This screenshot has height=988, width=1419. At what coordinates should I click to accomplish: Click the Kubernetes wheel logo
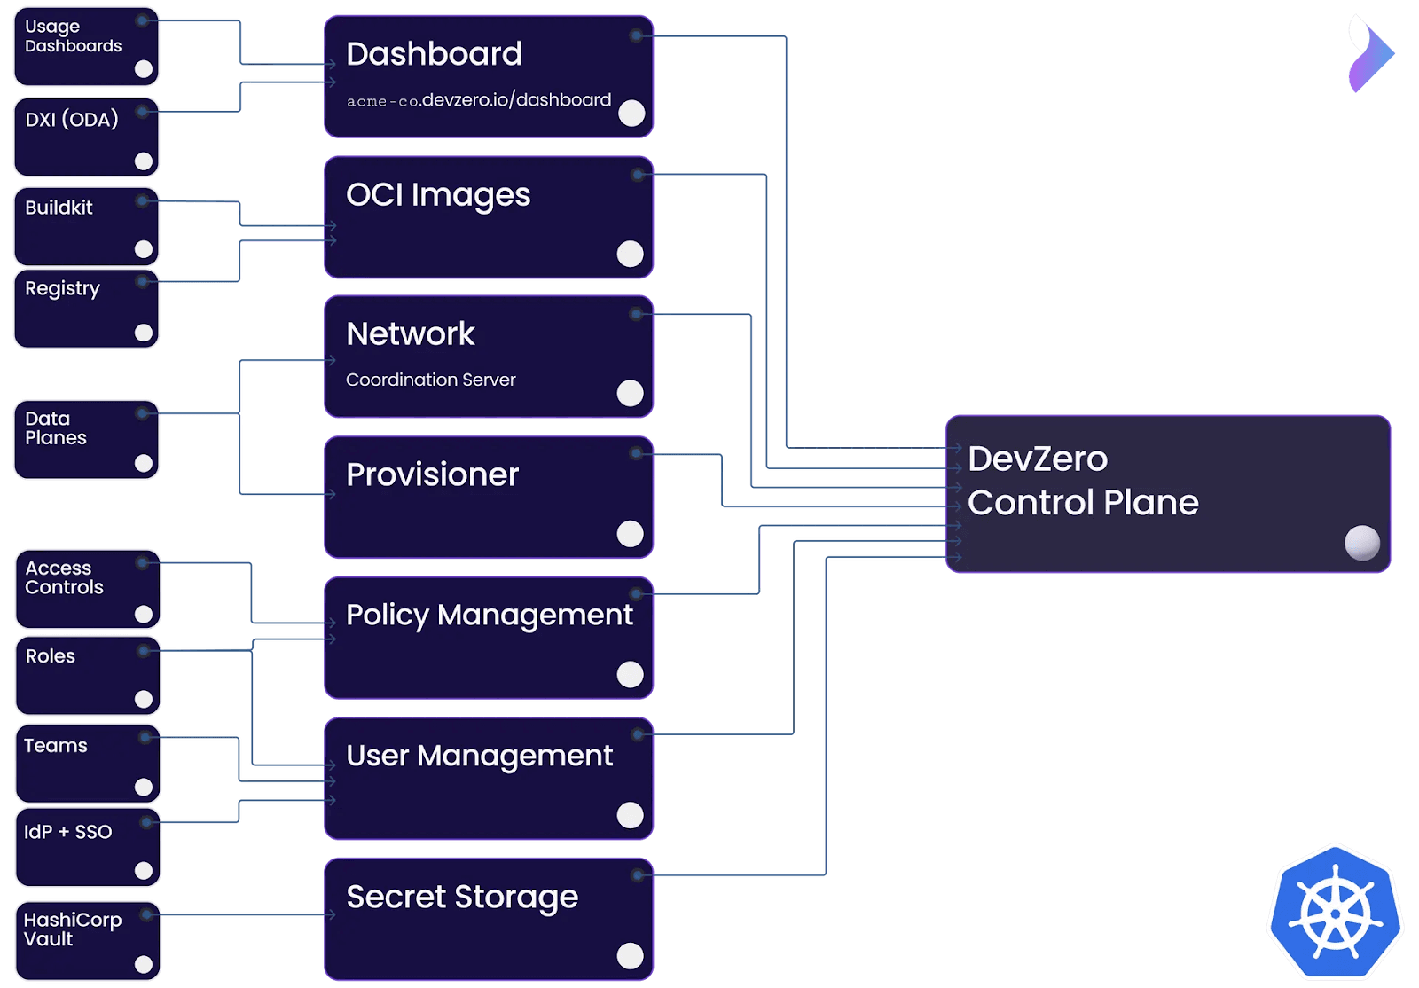coord(1335,914)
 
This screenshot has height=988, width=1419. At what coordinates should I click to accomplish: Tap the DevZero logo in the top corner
coord(1369,53)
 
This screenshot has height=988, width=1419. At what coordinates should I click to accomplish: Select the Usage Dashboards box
coord(86,46)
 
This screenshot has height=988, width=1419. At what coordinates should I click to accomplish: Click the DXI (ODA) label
coord(72,120)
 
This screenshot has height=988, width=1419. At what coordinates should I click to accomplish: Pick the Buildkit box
coord(86,226)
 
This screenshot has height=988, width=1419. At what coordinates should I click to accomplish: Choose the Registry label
coord(62,288)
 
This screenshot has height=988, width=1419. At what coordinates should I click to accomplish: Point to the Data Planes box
coord(86,440)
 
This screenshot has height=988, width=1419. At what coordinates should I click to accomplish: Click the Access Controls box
coord(87,589)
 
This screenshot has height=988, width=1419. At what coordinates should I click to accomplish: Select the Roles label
coord(51,656)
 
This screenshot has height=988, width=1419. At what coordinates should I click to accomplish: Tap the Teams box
coord(87,764)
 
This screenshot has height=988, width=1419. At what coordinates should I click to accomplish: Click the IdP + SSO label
coord(68,832)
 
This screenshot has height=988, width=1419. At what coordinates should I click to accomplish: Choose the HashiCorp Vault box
coord(87,941)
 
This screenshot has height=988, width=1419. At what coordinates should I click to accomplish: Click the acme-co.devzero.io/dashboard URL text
coord(479,100)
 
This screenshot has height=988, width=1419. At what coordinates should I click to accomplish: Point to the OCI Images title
coord(438,195)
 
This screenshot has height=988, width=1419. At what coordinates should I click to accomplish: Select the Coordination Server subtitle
coord(430,380)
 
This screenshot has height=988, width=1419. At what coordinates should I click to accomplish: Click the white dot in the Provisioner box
coord(630,534)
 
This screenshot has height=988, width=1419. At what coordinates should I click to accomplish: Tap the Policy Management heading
coord(490,615)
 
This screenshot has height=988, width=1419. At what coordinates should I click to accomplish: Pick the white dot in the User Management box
coord(630,815)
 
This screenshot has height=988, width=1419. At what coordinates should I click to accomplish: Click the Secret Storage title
coord(462,897)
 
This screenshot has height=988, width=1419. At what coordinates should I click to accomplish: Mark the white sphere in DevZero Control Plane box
coord(1361,543)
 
